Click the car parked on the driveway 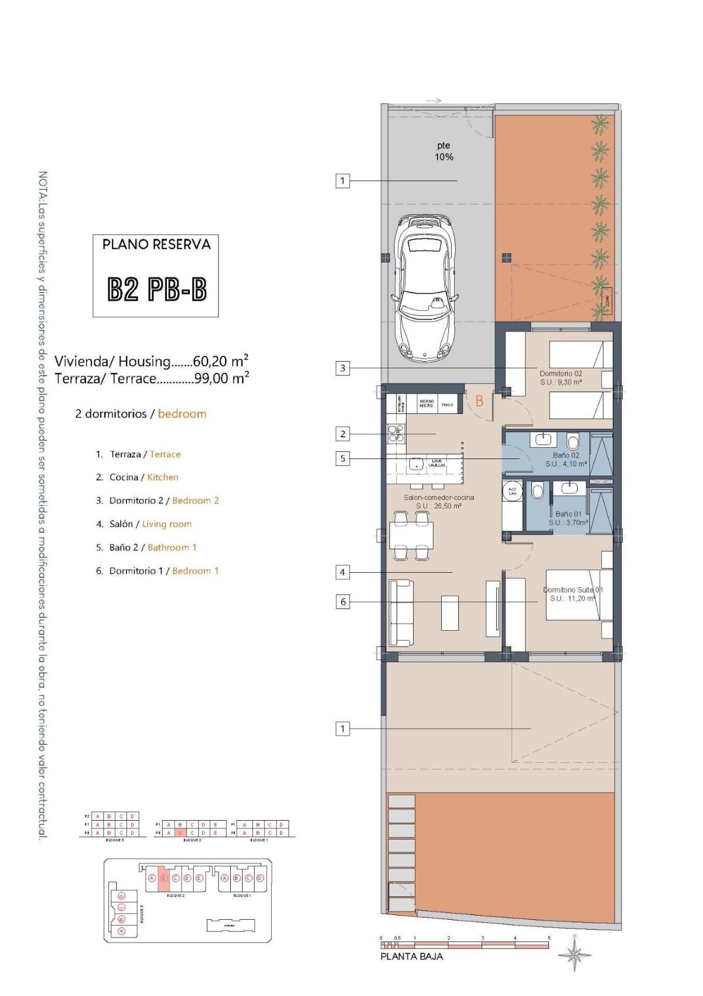tap(424, 288)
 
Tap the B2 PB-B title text tap(156, 289)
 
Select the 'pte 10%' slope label tap(443, 151)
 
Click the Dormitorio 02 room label tap(561, 378)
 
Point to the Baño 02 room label tap(566, 459)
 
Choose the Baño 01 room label tap(568, 518)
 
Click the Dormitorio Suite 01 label tap(573, 594)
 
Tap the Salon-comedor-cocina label tap(439, 501)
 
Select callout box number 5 tap(343, 458)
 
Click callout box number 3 tap(343, 368)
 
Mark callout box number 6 tap(343, 601)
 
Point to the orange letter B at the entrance tap(479, 402)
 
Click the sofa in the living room tap(401, 613)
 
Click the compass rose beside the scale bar tap(574, 956)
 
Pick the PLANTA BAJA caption tap(412, 956)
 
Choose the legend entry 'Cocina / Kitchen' tap(137, 477)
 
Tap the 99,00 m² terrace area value tap(221, 378)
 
